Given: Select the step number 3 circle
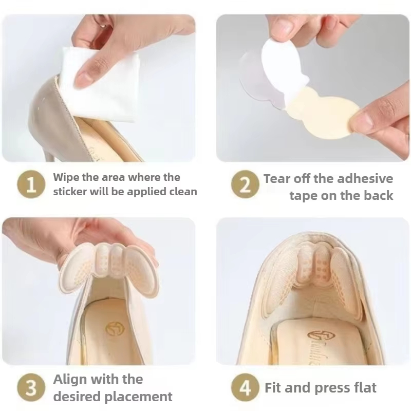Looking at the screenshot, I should (x=32, y=388).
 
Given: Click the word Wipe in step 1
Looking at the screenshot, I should (x=66, y=177).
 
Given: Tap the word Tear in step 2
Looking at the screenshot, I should (x=278, y=179).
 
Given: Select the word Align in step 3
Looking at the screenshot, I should (x=70, y=380).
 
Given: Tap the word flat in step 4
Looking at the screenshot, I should (x=363, y=387).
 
